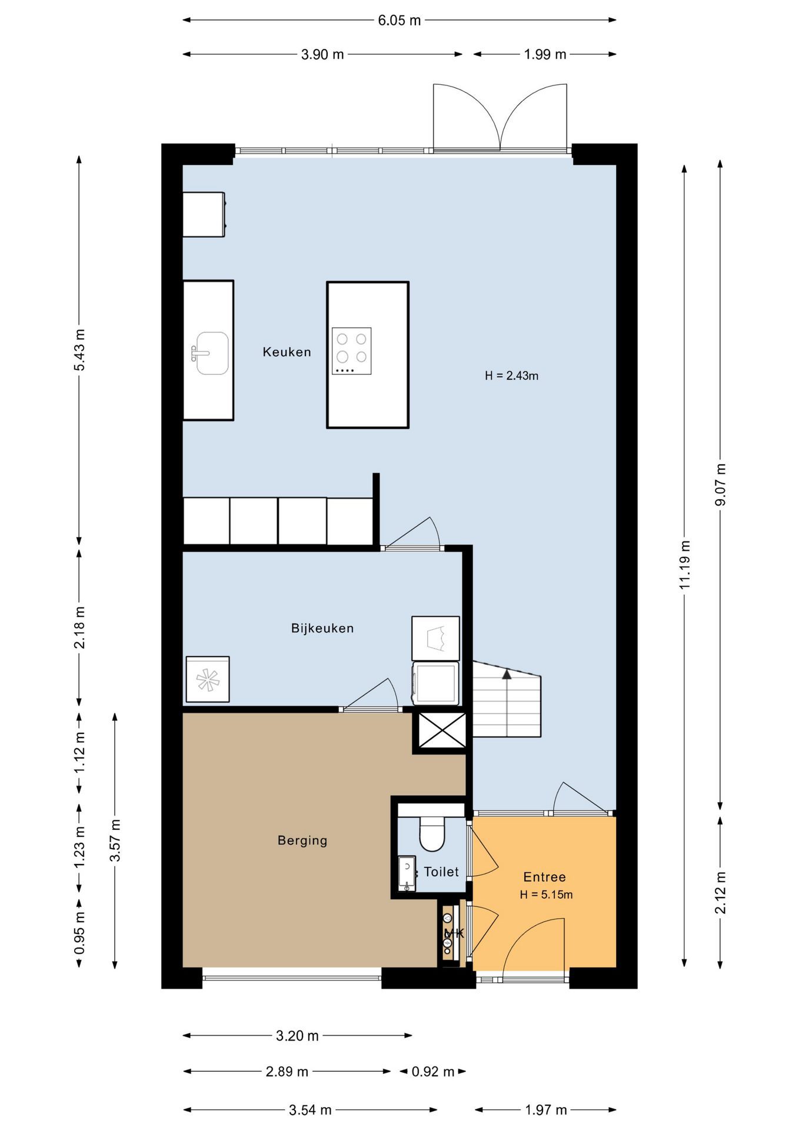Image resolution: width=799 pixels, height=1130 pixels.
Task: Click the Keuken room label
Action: pos(287,352)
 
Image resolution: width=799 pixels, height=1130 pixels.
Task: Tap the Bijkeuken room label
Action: pos(322,628)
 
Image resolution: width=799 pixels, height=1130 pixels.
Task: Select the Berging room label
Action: pos(302,840)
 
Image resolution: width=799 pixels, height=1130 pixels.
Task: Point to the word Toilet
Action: pos(441,872)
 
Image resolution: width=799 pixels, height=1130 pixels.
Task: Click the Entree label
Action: pos(544,877)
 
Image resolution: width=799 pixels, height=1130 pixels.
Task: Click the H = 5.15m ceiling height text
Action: pos(546,895)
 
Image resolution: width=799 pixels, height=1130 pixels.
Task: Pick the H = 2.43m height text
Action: pos(511,375)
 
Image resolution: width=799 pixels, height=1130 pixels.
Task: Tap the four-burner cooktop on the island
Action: pos(352,351)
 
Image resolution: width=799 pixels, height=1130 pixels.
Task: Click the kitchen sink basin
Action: pos(211,353)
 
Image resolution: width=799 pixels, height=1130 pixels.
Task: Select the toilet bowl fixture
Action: pos(432,832)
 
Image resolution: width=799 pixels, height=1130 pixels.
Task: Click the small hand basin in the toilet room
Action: pos(407,873)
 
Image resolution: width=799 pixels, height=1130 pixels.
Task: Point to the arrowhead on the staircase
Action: pos(507,674)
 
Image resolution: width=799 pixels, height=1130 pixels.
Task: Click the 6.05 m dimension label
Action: pos(399,21)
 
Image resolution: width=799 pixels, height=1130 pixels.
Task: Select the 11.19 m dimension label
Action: pos(684,564)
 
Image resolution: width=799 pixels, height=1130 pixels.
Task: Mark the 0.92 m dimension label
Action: pos(433,1071)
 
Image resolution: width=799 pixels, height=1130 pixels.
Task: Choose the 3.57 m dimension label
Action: pos(115,840)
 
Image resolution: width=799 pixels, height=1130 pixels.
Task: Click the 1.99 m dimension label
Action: pos(545,54)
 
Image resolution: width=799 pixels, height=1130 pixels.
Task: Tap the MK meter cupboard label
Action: pos(454,933)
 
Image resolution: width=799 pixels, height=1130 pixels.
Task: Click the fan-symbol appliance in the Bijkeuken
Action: pos(208,680)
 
